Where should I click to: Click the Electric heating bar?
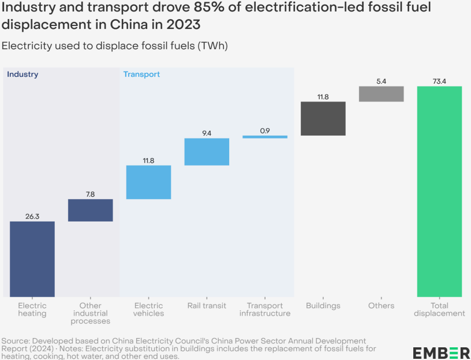[32, 259]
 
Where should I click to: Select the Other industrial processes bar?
[91, 211]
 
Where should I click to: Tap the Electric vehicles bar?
[148, 182]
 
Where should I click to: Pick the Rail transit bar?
[207, 152]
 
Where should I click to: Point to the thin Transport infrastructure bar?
[265, 137]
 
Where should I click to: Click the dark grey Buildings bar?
[323, 119]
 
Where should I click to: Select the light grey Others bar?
[381, 94]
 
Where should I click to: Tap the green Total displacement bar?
[439, 192]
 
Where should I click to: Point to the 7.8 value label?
[91, 194]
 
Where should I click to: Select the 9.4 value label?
[207, 133]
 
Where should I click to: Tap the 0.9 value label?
[265, 131]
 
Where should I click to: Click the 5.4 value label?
[381, 81]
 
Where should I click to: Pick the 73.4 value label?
[439, 81]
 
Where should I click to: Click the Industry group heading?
[23, 74]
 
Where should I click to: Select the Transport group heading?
[141, 74]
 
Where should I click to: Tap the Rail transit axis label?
[207, 306]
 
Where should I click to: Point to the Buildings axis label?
[323, 306]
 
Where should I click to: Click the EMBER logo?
[442, 353]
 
